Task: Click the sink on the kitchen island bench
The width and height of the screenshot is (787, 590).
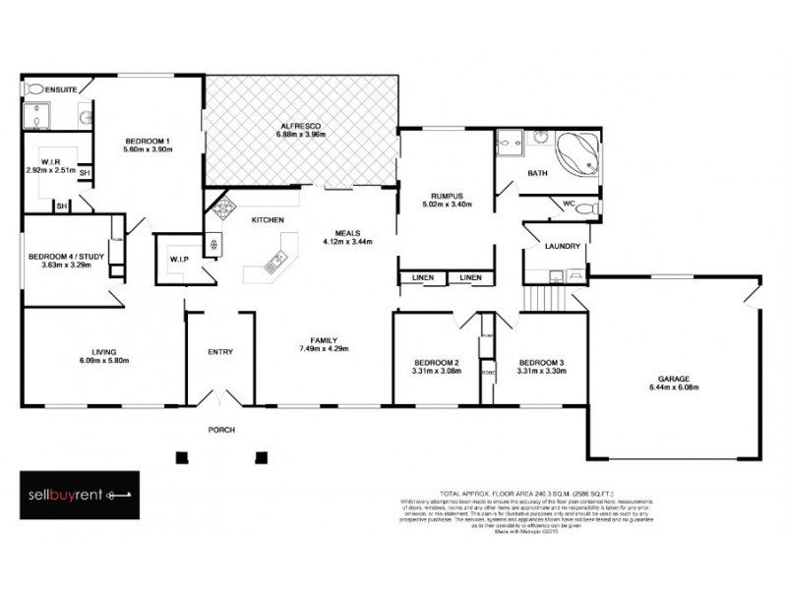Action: click(276, 259)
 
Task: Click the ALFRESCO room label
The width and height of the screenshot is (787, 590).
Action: click(300, 126)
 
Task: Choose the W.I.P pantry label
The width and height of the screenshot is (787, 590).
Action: click(180, 260)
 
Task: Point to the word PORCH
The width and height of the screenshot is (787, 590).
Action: click(220, 431)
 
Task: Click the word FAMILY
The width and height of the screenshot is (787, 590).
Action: click(324, 339)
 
